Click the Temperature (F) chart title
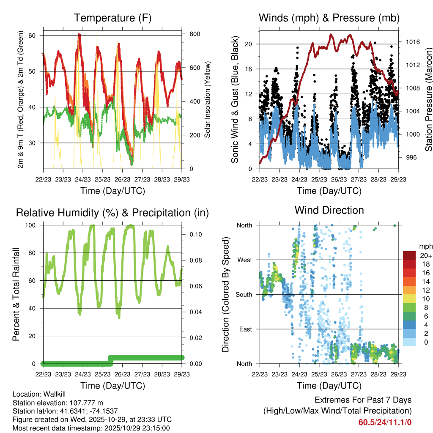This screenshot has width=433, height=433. pos(112,18)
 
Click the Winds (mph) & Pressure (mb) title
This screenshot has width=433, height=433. pos(329,18)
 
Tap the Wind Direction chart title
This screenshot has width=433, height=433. pos(329,210)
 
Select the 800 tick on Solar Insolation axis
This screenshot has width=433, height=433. pos(191,34)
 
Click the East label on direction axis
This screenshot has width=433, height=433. pos(245,329)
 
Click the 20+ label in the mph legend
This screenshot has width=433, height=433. pos(425,255)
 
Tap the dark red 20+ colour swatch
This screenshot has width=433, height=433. pos(409,255)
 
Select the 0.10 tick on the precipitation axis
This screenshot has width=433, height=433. pos(192,234)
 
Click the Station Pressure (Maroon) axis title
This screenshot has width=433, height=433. pos(428,100)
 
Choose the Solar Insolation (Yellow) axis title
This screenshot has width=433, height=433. pos(207,100)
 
